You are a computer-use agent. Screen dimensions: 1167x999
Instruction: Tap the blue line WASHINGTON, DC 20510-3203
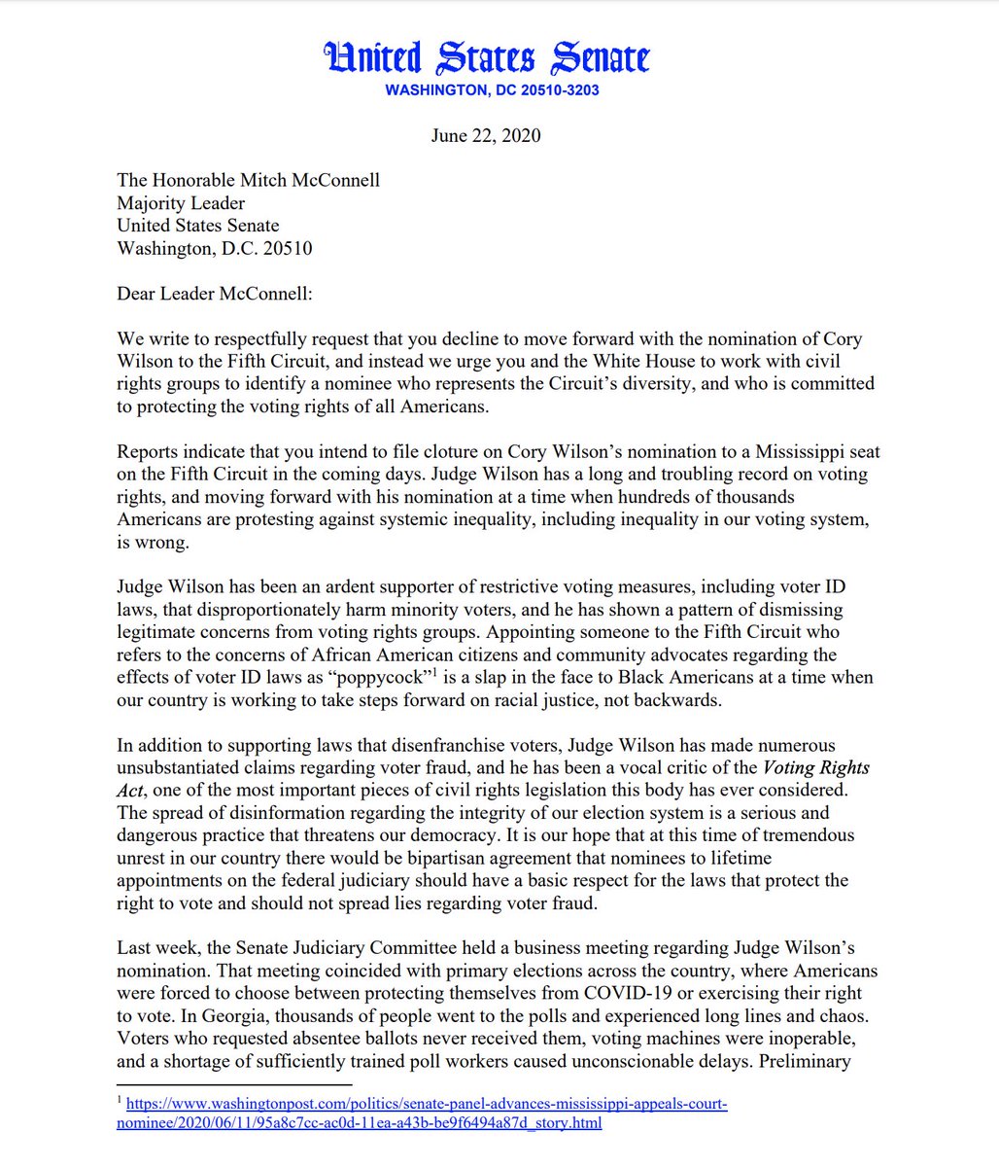click(x=492, y=90)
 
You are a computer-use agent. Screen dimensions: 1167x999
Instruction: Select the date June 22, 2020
click(x=486, y=135)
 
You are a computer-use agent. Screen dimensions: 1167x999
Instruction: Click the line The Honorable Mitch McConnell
click(x=248, y=181)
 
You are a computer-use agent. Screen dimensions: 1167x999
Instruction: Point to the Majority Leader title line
click(x=181, y=203)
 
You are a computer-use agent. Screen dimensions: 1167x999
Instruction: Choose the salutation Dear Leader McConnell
click(x=215, y=294)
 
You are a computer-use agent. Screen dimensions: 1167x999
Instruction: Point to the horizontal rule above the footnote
click(x=234, y=1084)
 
